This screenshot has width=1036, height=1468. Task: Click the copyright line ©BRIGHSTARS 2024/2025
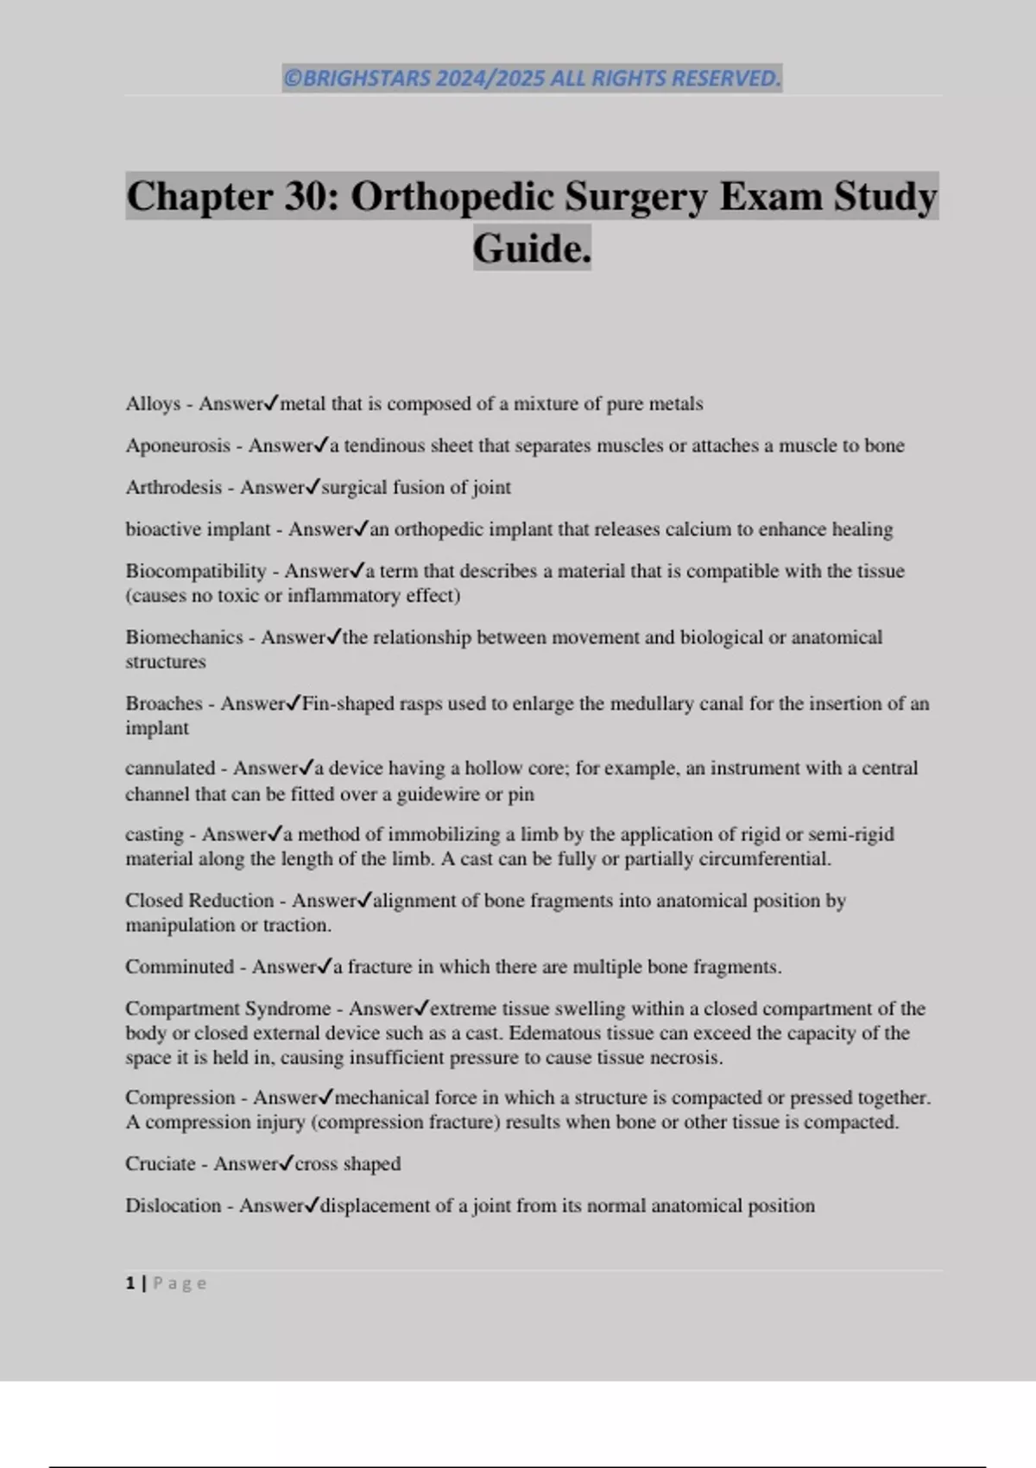(x=531, y=79)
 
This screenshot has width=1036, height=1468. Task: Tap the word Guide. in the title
(x=532, y=249)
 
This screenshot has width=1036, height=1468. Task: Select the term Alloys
(x=153, y=404)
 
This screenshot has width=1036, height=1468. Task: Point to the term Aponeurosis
(x=178, y=446)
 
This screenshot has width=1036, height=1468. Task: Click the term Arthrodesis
(x=174, y=488)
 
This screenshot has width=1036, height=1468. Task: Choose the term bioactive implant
(x=198, y=529)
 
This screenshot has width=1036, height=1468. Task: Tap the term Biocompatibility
(x=196, y=572)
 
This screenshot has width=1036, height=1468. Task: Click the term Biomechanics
(x=184, y=638)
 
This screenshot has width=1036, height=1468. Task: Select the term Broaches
(x=163, y=704)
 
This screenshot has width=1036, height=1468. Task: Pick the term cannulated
(x=170, y=769)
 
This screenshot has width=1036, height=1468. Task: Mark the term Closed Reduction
(x=199, y=901)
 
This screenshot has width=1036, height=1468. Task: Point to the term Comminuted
(x=180, y=967)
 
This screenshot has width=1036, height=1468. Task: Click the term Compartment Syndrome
(x=228, y=1009)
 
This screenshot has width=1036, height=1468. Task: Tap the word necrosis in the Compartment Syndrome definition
(x=687, y=1058)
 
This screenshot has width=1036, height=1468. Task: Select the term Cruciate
(x=161, y=1164)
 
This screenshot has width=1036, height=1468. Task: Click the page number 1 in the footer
(x=130, y=1283)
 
